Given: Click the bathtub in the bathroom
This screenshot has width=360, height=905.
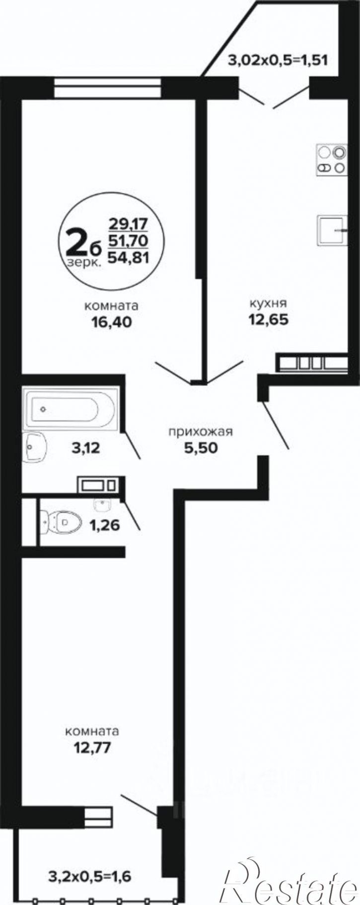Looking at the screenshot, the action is (x=71, y=409).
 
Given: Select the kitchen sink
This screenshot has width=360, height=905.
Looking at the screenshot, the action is (x=332, y=230).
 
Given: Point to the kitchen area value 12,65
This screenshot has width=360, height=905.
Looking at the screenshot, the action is (x=269, y=319).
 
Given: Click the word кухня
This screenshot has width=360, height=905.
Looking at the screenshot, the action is (x=269, y=303).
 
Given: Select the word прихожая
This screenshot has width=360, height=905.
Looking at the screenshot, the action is (x=201, y=432).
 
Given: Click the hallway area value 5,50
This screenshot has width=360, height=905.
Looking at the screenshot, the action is (x=201, y=448).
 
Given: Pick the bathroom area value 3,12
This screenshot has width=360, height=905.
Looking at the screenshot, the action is (x=86, y=449).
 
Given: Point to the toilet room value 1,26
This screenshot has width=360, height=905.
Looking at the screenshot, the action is (x=104, y=525).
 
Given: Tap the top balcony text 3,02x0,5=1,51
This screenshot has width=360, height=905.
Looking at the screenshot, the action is (x=278, y=61).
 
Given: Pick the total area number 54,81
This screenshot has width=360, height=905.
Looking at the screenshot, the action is (x=128, y=257).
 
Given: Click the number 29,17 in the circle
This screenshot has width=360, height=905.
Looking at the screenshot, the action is (x=128, y=223).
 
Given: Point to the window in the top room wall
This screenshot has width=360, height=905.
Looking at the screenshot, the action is (x=108, y=88).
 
